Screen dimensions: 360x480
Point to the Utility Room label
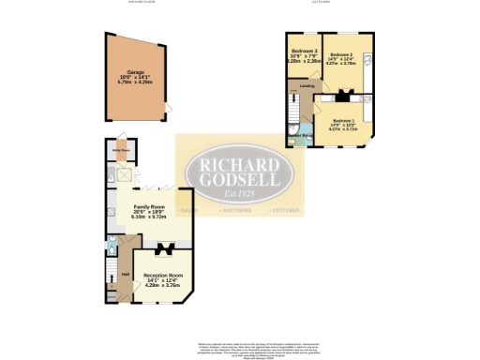(121, 149)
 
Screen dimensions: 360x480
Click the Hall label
(125, 273)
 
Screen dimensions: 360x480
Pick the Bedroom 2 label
(342, 56)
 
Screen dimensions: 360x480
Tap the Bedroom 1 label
(345, 120)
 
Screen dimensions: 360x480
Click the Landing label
(307, 85)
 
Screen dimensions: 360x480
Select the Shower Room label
(299, 136)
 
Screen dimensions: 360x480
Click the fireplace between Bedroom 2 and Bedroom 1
(342, 94)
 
